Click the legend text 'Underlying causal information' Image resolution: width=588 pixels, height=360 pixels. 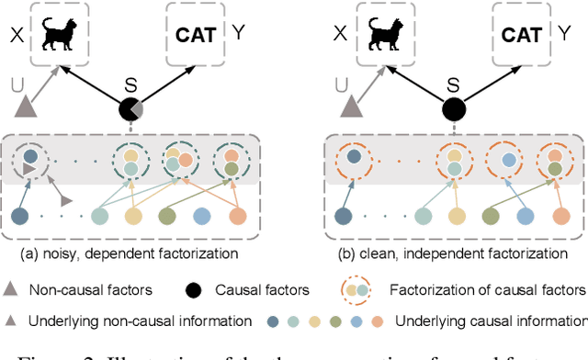pos(491,321)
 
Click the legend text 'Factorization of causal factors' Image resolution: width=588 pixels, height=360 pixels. pos(488,289)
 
